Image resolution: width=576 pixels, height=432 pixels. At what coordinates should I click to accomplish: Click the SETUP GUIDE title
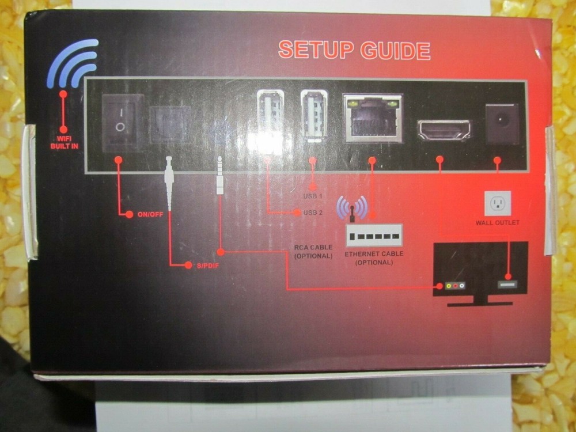(354, 50)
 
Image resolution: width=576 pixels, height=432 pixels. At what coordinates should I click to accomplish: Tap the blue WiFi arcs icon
(74, 63)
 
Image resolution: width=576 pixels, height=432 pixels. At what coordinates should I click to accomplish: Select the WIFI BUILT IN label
(63, 142)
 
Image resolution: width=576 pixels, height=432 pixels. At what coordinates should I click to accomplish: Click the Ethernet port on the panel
(372, 118)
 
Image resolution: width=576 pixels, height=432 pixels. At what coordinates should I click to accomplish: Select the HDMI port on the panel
(444, 130)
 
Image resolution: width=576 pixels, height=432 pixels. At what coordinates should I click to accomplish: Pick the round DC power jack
(502, 123)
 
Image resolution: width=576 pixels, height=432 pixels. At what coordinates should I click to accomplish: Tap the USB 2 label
(313, 213)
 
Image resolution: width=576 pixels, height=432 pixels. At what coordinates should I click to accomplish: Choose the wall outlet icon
(498, 203)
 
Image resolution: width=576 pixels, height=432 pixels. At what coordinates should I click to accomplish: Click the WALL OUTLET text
(498, 223)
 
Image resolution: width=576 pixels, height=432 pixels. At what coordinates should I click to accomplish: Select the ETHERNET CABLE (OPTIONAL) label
(373, 257)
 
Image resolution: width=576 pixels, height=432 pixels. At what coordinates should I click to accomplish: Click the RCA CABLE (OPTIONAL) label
(313, 251)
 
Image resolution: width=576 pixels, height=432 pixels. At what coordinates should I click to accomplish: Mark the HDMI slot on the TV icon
(507, 284)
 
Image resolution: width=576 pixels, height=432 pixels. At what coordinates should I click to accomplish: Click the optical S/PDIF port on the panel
(170, 124)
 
